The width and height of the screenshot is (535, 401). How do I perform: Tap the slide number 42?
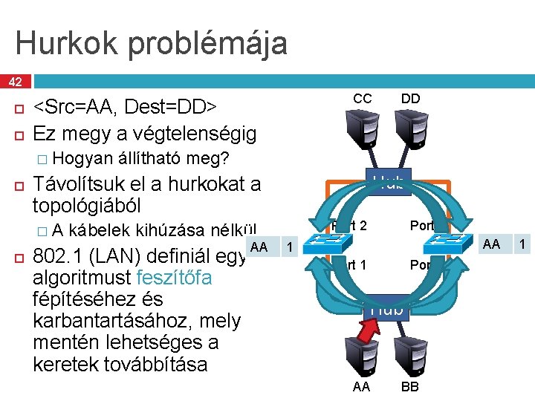(16, 81)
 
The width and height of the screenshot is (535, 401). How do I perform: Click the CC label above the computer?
(362, 100)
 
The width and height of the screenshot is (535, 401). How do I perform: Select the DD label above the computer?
(410, 100)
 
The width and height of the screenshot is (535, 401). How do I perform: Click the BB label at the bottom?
(409, 388)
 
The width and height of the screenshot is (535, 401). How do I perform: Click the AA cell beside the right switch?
(492, 244)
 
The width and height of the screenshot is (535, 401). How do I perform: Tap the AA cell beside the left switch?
(259, 246)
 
